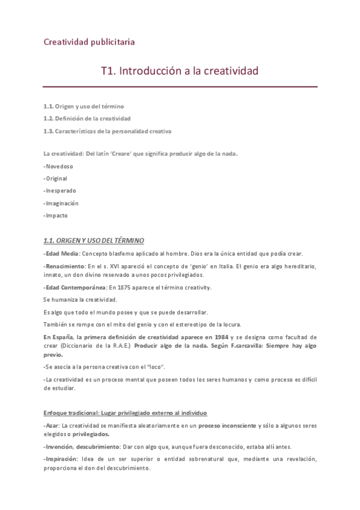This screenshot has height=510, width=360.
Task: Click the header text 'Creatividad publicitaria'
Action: click(89, 41)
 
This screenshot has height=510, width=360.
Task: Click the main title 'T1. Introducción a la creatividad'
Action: click(180, 71)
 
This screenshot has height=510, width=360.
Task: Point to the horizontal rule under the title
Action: click(180, 87)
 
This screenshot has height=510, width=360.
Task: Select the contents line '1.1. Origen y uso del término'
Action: click(84, 106)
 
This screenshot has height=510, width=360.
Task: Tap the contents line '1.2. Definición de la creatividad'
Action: click(87, 118)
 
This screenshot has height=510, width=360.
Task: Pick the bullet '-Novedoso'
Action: click(58, 165)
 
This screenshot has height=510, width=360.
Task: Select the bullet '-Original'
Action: click(55, 178)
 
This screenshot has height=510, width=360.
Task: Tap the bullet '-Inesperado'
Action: click(59, 191)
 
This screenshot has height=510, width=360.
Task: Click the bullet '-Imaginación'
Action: click(61, 203)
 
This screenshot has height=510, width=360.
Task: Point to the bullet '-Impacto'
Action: click(55, 215)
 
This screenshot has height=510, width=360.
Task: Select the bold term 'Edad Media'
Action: click(63, 253)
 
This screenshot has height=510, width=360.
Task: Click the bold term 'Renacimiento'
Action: click(66, 266)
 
